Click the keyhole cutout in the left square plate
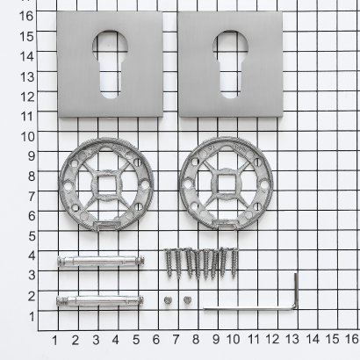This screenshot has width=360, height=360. [108, 64]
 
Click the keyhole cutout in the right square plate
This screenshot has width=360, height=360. [230, 64]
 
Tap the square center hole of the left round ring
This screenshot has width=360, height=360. [106, 184]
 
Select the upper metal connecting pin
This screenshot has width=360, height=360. [101, 261]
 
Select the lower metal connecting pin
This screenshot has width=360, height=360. [100, 300]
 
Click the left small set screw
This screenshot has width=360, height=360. [168, 299]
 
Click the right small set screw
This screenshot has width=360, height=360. [187, 299]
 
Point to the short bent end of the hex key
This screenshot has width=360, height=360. [296, 290]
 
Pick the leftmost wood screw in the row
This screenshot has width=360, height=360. [169, 263]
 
